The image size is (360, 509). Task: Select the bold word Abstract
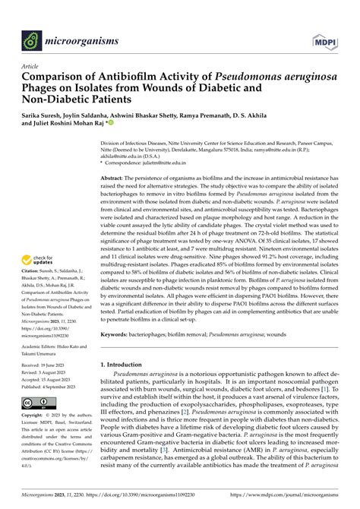click(115, 176)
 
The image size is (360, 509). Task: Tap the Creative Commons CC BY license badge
click(36, 402)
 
